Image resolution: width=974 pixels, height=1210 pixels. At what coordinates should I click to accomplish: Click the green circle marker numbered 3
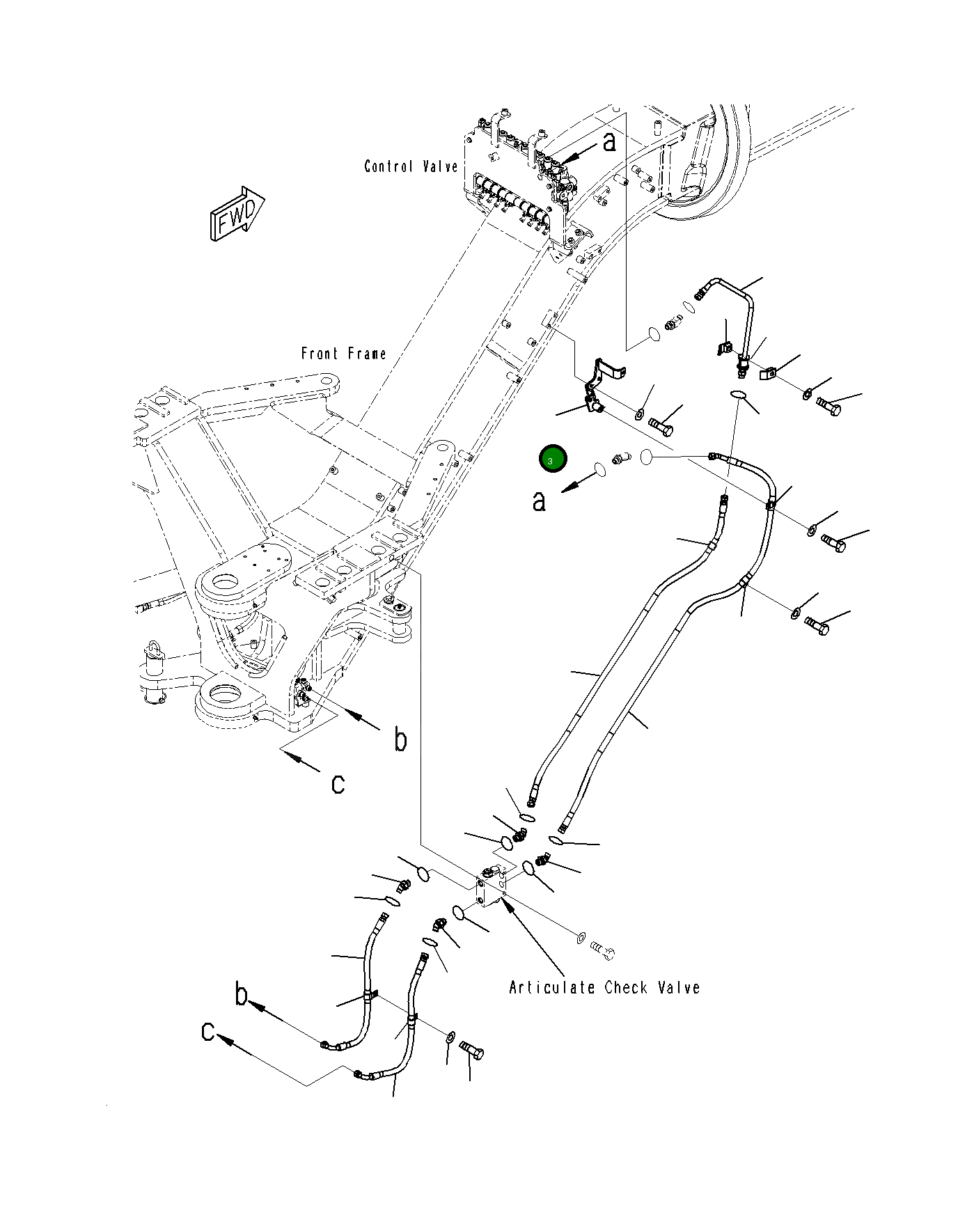point(553,459)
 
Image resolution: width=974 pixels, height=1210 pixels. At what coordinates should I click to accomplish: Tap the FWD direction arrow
point(237,213)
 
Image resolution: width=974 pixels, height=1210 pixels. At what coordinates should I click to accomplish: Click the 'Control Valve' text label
point(411,166)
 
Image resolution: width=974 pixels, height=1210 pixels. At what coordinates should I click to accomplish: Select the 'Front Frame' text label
point(343,354)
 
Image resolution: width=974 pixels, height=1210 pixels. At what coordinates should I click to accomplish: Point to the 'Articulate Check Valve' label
point(604,987)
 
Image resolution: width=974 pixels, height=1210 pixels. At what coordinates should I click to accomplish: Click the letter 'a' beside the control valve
point(609,142)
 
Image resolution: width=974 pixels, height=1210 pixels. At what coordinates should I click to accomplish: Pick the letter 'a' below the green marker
point(539,501)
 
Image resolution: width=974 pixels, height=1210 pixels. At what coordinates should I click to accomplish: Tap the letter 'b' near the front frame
point(400,739)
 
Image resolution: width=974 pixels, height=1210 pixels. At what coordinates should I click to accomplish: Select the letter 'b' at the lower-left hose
point(241,994)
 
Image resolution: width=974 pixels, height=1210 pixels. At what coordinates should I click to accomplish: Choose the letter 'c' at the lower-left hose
point(208,1031)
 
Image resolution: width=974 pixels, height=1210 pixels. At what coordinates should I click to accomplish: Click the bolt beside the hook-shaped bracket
point(661,423)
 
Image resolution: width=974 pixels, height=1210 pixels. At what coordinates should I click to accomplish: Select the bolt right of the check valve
point(603,948)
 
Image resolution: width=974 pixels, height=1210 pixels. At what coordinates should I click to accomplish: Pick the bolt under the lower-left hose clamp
point(472,1051)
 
